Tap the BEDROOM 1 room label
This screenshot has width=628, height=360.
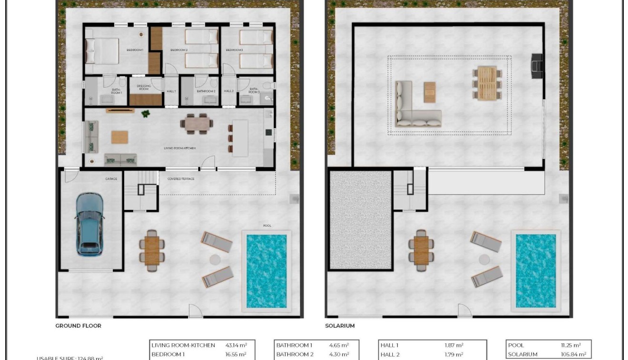pyautogui.click(x=135, y=50)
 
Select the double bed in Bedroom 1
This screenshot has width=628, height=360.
pyautogui.click(x=102, y=51)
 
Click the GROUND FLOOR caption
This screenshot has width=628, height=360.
pyautogui.click(x=79, y=326)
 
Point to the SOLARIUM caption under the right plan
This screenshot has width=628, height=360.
pyautogui.click(x=340, y=326)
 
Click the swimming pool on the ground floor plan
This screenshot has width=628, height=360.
pyautogui.click(x=266, y=270)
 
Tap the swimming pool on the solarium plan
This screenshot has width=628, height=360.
pyautogui.click(x=536, y=270)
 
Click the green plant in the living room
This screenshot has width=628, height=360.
pyautogui.click(x=145, y=114)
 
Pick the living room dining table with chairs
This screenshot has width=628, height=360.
pyautogui.click(x=197, y=124)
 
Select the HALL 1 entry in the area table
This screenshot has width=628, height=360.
pyautogui.click(x=389, y=345)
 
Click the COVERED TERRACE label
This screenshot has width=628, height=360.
pyautogui.click(x=181, y=179)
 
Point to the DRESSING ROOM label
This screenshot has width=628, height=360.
pyautogui.click(x=143, y=88)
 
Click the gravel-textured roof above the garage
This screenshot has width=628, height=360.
pyautogui.click(x=360, y=220)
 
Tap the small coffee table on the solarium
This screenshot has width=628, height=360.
pyautogui.click(x=429, y=92)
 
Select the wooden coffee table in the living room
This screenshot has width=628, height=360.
pyautogui.click(x=120, y=137)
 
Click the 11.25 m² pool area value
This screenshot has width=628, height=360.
pyautogui.click(x=570, y=345)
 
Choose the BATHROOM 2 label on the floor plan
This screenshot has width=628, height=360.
pyautogui.click(x=206, y=91)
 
